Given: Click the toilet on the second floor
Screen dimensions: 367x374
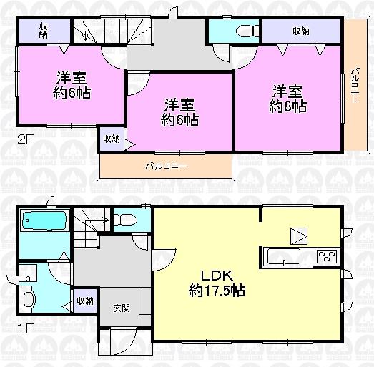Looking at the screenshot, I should (x=241, y=31).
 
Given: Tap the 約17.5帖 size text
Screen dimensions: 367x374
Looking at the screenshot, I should (x=218, y=291).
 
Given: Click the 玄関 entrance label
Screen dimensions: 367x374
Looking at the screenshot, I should (x=122, y=308).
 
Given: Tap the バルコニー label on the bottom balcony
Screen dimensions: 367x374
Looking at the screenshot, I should (x=166, y=166).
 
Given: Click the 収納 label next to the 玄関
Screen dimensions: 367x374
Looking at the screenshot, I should (x=85, y=301).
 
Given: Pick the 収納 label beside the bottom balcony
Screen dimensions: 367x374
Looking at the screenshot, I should (x=111, y=139).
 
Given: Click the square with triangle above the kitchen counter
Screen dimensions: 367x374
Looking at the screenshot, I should (x=298, y=236).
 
